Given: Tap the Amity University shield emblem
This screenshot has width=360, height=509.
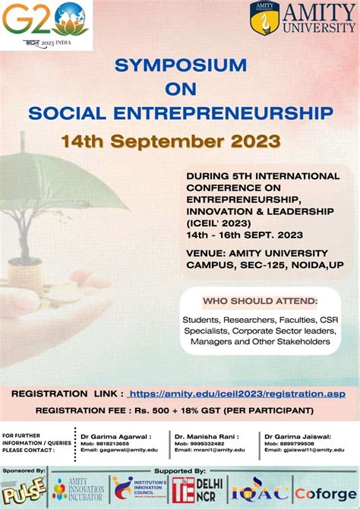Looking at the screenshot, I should coord(264,17).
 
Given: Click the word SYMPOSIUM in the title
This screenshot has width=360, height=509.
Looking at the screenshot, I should coord(180,66).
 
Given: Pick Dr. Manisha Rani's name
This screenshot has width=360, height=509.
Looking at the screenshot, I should coord(206,436).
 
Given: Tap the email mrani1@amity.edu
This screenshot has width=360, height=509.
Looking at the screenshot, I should coord(210,450).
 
